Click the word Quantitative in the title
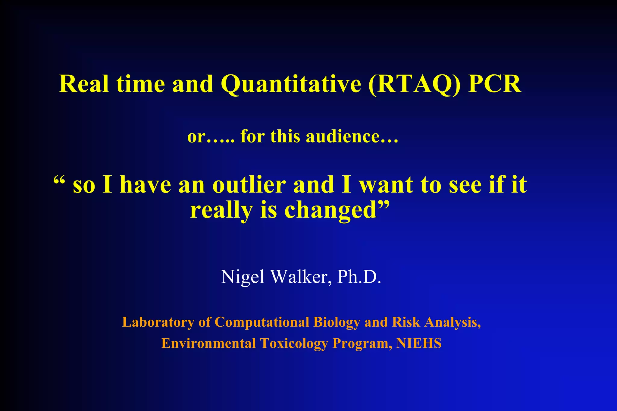291,84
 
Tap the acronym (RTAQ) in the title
414,84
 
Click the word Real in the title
84,84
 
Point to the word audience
352,136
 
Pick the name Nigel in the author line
243,277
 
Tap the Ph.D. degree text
359,276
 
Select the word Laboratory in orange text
158,322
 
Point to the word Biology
337,322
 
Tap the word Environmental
208,344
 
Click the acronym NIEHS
419,344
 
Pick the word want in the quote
387,185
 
